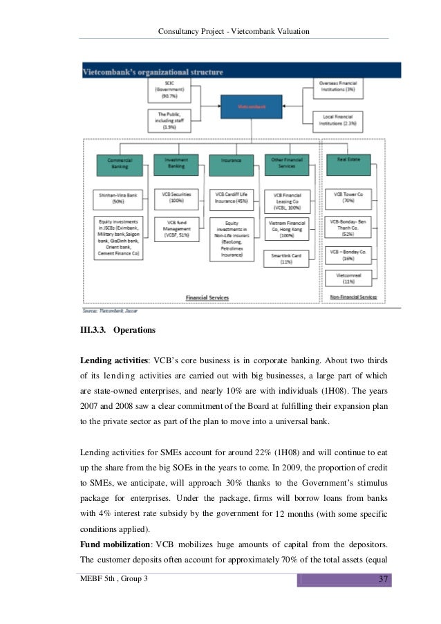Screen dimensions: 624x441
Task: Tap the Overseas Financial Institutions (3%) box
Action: pyautogui.click(x=337, y=87)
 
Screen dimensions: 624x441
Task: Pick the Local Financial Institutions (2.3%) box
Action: pyautogui.click(x=337, y=121)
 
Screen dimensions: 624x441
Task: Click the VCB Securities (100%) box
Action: pyautogui.click(x=176, y=199)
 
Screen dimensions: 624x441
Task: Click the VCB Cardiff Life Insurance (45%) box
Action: pyautogui.click(x=232, y=199)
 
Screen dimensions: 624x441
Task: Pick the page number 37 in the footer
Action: pyautogui.click(x=382, y=578)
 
